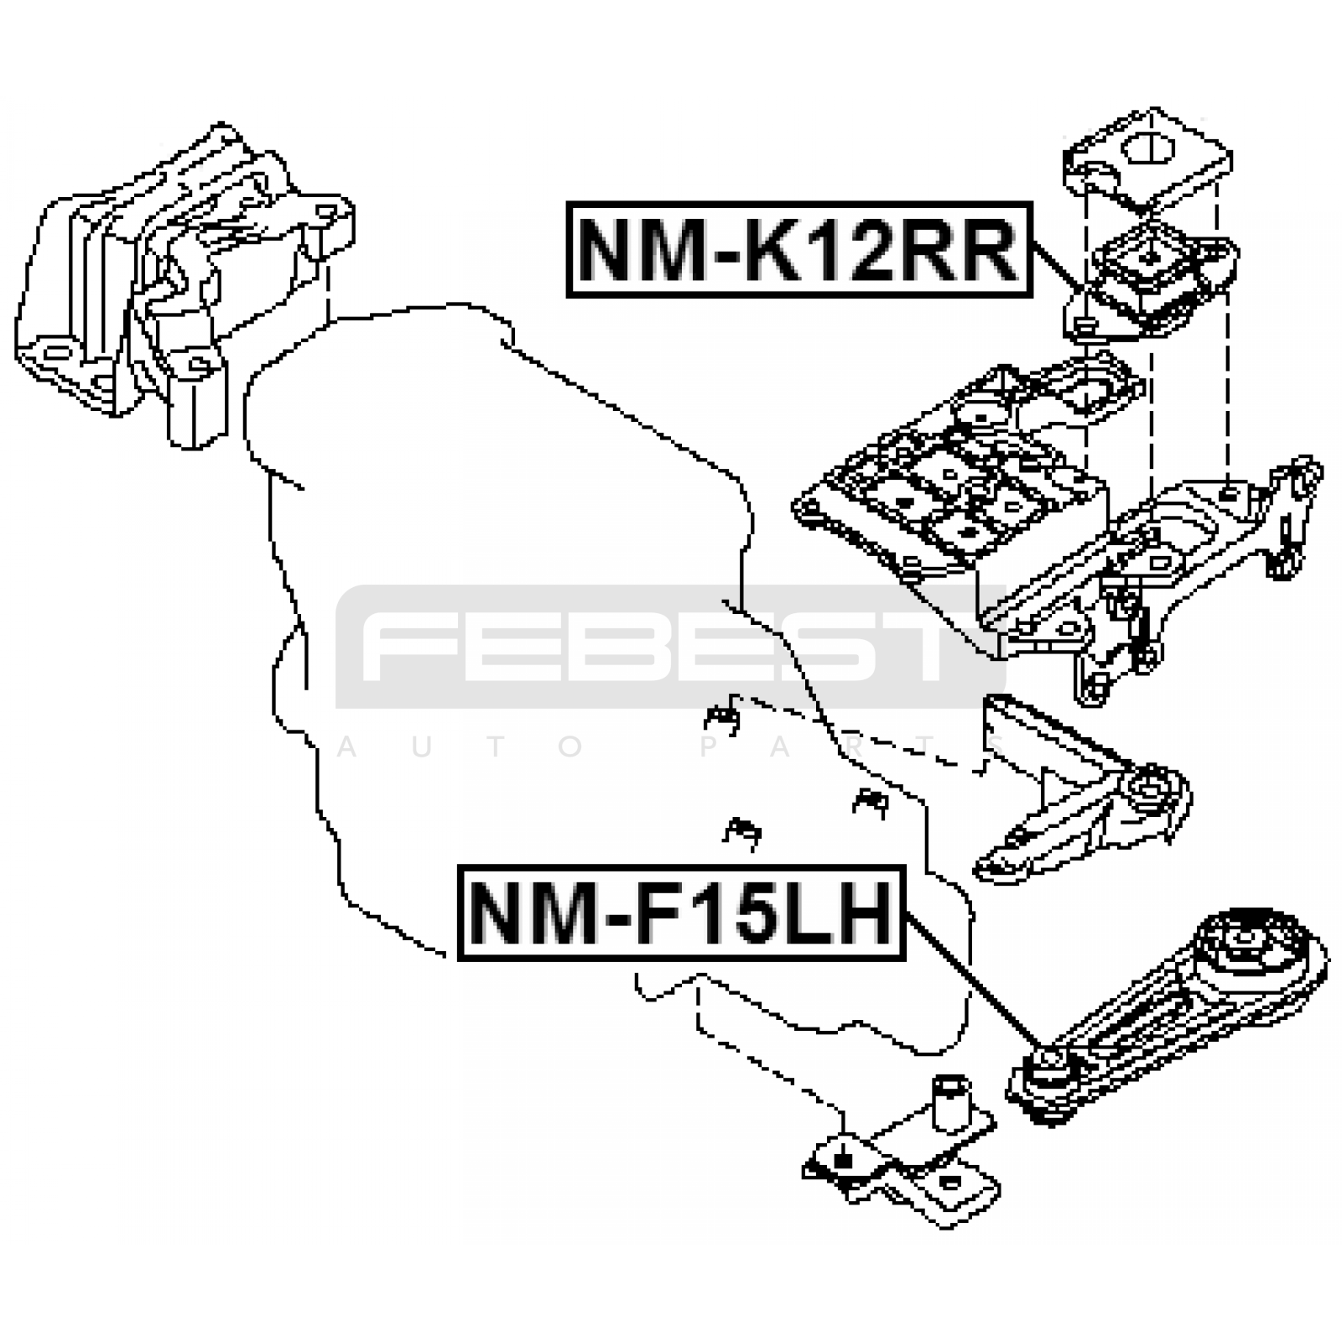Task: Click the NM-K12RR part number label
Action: pyautogui.click(x=798, y=250)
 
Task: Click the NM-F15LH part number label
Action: pyautogui.click(x=681, y=913)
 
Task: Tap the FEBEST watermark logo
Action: pyautogui.click(x=663, y=647)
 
